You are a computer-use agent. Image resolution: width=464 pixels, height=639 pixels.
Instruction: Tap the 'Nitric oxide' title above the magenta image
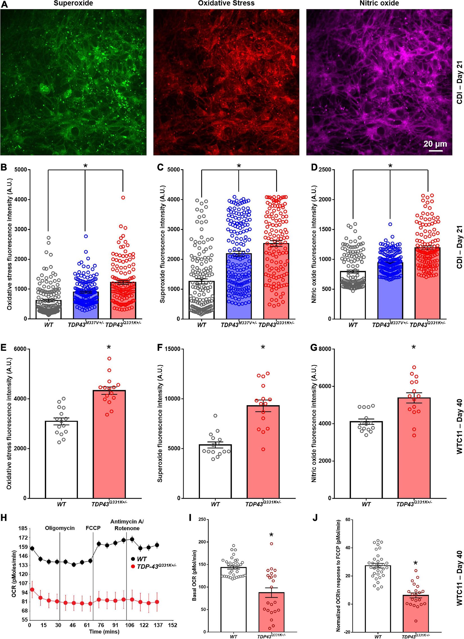point(379,4)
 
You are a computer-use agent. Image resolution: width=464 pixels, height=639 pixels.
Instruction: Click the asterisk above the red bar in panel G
point(414,348)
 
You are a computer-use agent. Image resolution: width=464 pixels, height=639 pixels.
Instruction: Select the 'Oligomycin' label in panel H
point(60,528)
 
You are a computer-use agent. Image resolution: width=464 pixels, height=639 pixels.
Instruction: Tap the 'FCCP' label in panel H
point(93,528)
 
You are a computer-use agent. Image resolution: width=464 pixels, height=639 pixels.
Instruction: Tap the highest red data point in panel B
point(123,197)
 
